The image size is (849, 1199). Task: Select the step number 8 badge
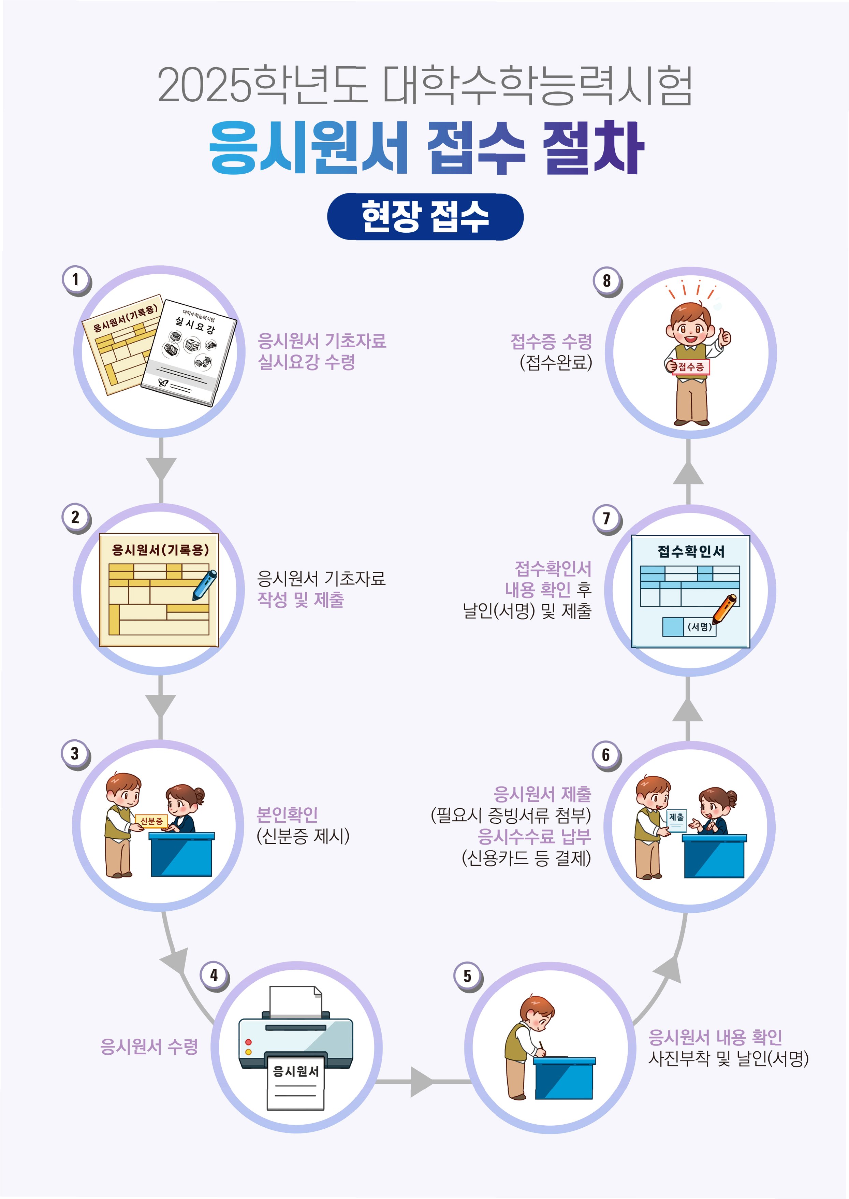coord(606,281)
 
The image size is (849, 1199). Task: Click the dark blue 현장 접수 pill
coord(425,216)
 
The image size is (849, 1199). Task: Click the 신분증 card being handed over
coord(151,821)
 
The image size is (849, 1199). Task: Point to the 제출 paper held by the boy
coord(676,820)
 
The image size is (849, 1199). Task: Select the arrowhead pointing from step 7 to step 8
coord(688,474)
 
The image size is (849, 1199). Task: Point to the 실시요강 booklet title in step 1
coord(194,324)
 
